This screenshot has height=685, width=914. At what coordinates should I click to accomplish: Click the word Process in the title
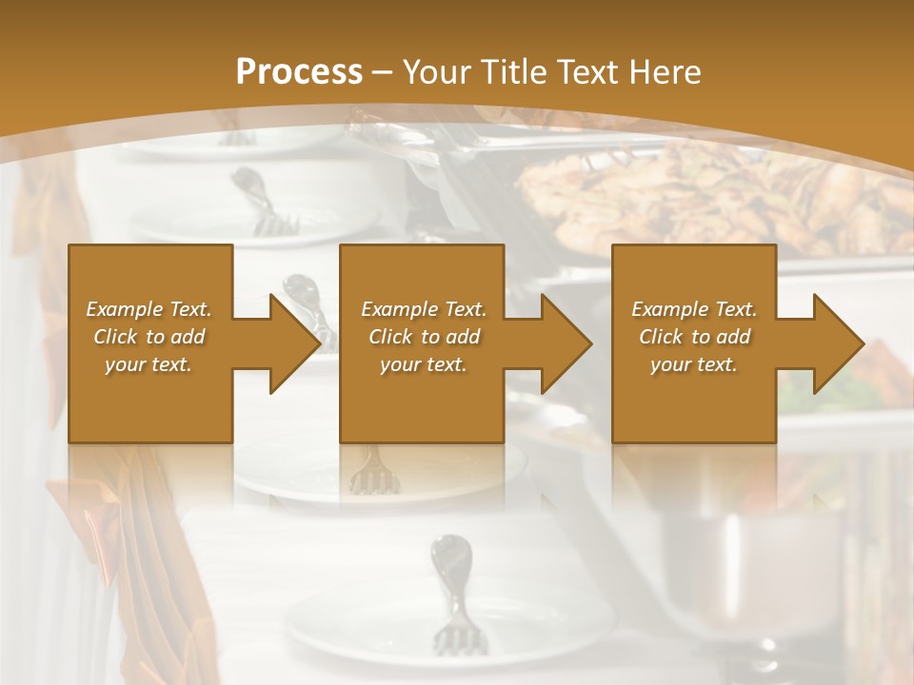coord(299,72)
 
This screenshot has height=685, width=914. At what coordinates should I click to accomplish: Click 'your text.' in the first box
coord(149,364)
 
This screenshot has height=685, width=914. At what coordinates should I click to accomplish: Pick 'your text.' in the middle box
coord(423,364)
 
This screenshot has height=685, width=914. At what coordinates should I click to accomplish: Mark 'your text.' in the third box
coord(694,364)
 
